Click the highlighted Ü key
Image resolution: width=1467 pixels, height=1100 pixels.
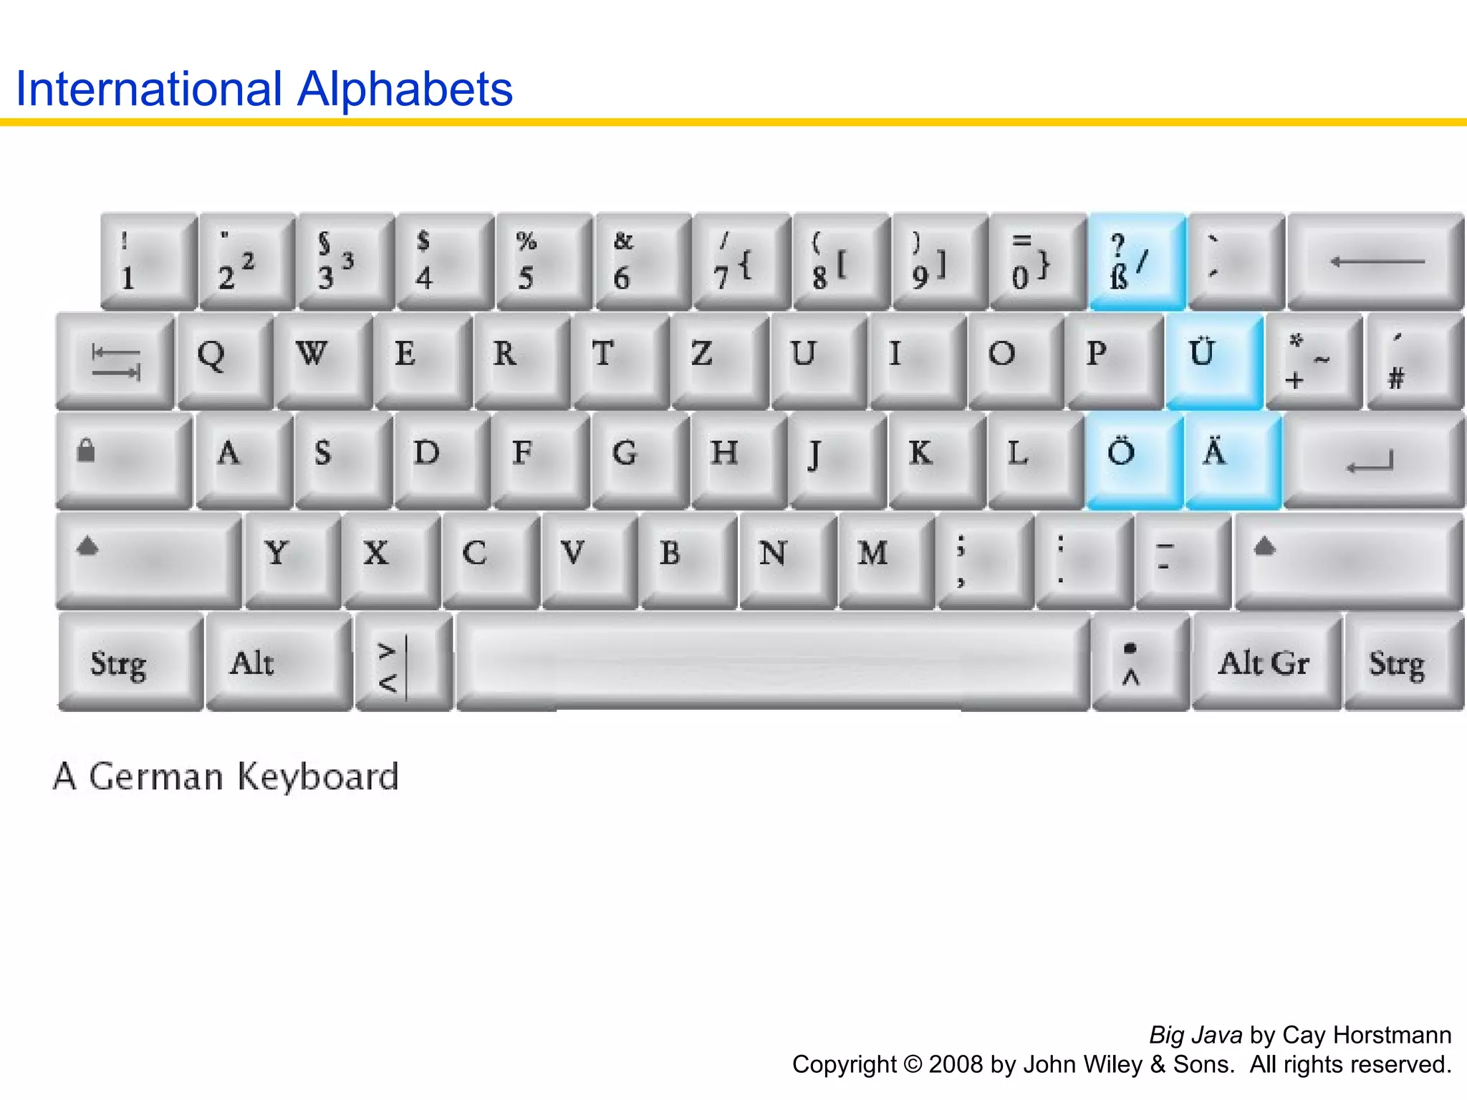(1213, 360)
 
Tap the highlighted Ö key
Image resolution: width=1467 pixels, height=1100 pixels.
(1135, 459)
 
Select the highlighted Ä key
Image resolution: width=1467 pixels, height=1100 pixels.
(1232, 459)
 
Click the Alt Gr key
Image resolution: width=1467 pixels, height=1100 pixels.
(1265, 662)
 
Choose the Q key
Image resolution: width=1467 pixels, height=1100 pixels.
(225, 360)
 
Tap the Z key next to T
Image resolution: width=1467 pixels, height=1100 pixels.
(719, 360)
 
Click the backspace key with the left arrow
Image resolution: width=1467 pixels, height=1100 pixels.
(1375, 261)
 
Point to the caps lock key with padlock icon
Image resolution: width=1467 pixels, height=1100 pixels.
(123, 459)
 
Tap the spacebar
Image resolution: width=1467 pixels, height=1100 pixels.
(772, 660)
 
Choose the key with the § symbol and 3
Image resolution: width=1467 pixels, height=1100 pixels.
(345, 261)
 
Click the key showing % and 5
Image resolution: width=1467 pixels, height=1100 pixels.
(543, 261)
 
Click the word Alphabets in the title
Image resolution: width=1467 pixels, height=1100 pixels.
(405, 90)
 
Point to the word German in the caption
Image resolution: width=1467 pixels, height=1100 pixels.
(156, 776)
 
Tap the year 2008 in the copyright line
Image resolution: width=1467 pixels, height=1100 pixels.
(956, 1064)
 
